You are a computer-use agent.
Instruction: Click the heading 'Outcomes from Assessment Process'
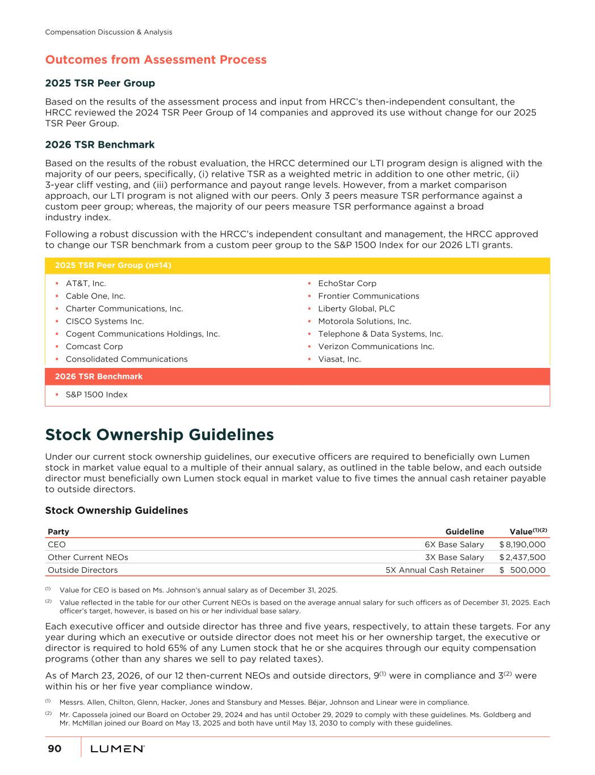156,60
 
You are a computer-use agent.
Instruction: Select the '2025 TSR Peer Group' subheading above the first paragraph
100,83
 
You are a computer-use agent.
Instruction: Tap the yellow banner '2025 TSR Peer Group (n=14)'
113,266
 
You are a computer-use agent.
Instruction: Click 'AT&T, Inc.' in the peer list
86,283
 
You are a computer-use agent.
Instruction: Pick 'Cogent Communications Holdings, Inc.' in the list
143,334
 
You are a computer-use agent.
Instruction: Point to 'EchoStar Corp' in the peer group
347,283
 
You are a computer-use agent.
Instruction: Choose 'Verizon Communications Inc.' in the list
376,346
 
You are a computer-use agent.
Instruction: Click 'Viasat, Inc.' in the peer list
339,359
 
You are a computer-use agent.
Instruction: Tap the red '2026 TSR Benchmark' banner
99,376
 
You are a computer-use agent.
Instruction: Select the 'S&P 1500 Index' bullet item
97,395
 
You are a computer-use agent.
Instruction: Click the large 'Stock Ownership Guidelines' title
160,435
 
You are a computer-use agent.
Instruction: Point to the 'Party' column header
58,532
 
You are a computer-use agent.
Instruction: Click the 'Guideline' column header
464,532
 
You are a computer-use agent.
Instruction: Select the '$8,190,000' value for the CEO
522,544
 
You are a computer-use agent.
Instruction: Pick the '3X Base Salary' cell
454,558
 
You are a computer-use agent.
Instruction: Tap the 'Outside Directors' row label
83,570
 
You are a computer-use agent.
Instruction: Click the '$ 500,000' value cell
522,570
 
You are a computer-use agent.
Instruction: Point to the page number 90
55,749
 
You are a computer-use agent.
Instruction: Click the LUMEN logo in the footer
118,749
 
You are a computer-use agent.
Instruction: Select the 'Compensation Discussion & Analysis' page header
108,32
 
